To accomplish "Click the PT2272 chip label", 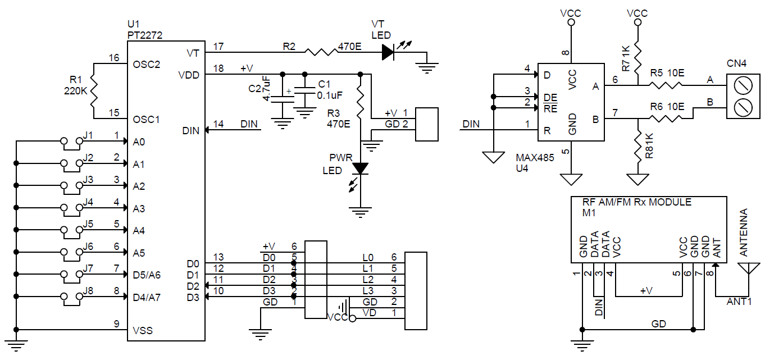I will coord(146,35).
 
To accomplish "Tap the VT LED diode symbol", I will coord(388,52).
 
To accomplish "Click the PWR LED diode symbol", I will coord(360,167).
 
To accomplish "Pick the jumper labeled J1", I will coord(72,143).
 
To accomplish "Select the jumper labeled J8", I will coord(72,297).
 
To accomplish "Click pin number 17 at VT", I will coord(218,46).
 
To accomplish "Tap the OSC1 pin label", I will coord(147,119).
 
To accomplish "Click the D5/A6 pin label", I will coord(147,275).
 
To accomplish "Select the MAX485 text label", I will coord(535,158).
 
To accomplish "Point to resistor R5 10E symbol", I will coord(666,85).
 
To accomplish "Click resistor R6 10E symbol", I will coord(666,119).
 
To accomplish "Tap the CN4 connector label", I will coord(736,63).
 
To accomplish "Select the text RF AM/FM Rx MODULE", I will coord(637,202).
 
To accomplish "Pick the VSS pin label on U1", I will coord(143,330).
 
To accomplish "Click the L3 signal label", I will coord(368,290).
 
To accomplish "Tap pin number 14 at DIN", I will coord(218,124).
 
